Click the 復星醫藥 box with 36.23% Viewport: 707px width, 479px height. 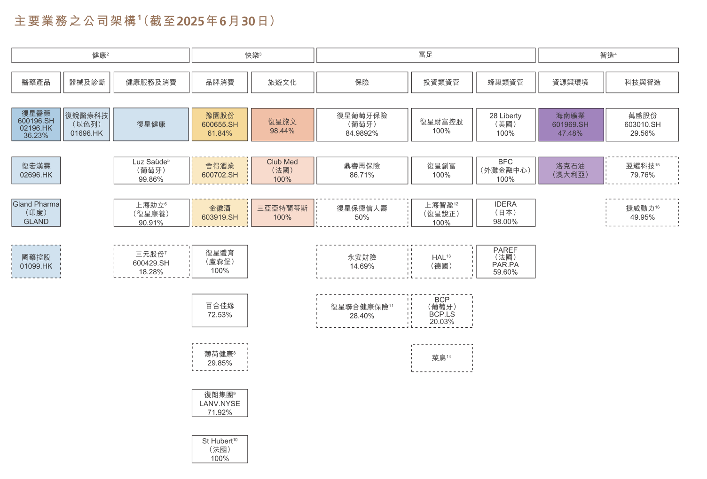pyautogui.click(x=36, y=124)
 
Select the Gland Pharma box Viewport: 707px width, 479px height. pyautogui.click(x=36, y=213)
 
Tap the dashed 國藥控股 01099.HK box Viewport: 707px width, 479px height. pyautogui.click(x=36, y=262)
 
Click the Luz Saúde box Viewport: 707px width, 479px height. pyautogui.click(x=151, y=170)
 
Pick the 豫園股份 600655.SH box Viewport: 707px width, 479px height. pyautogui.click(x=220, y=124)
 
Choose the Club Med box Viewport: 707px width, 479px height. pyautogui.click(x=283, y=170)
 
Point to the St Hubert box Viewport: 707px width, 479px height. pyautogui.click(x=220, y=449)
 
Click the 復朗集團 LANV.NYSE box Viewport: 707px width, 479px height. pyautogui.click(x=220, y=403)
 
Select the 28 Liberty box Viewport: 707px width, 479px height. pyautogui.click(x=506, y=124)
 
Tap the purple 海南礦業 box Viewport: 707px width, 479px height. pyautogui.click(x=571, y=124)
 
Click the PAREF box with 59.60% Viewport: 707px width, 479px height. pyautogui.click(x=506, y=262)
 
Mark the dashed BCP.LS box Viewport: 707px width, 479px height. pyautogui.click(x=442, y=311)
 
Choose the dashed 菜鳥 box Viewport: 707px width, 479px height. pyautogui.click(x=442, y=358)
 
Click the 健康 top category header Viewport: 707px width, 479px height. pyautogui.click(x=101, y=55)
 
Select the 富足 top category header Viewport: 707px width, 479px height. pyautogui.click(x=426, y=55)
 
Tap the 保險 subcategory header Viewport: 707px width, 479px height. pyautogui.click(x=362, y=82)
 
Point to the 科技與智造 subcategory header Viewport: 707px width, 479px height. pyautogui.click(x=642, y=82)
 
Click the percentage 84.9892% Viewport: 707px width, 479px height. pyautogui.click(x=361, y=133)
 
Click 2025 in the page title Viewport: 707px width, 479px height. pyautogui.click(x=190, y=21)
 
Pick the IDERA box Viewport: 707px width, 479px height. pyautogui.click(x=506, y=213)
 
